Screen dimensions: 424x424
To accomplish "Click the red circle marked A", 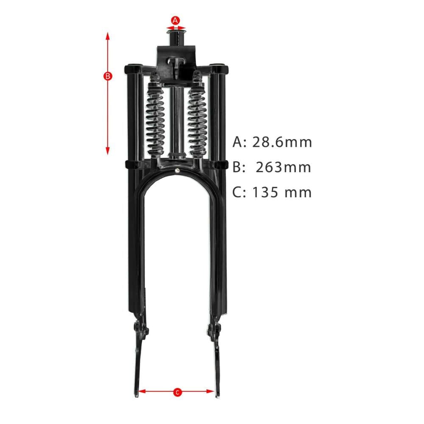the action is (176, 20).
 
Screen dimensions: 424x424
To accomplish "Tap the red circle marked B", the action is (108, 76).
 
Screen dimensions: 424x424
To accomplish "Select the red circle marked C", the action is (177, 392).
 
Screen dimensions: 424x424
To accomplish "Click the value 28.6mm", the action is (282, 142).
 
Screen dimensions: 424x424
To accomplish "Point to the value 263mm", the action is (283, 167).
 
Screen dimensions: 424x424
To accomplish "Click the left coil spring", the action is (155, 118).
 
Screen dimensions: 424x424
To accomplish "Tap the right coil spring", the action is (198, 118).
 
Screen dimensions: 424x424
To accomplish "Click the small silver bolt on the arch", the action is (177, 170).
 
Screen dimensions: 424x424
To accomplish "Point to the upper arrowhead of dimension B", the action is (108, 36).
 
